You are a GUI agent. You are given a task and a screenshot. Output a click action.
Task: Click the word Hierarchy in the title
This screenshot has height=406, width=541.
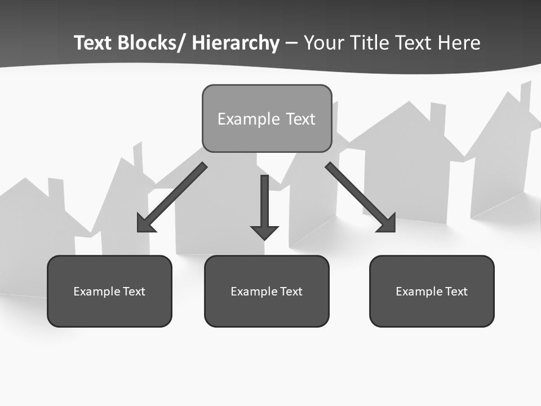pos(236,43)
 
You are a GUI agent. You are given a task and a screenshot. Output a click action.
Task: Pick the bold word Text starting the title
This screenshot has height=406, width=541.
pos(93,43)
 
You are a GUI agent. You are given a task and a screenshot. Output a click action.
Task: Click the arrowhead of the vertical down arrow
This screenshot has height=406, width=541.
pos(264,231)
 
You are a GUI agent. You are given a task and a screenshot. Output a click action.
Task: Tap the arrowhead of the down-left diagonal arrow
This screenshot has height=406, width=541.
pos(145,224)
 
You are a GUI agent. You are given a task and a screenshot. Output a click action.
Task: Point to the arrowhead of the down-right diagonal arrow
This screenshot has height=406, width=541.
pos(388,224)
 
